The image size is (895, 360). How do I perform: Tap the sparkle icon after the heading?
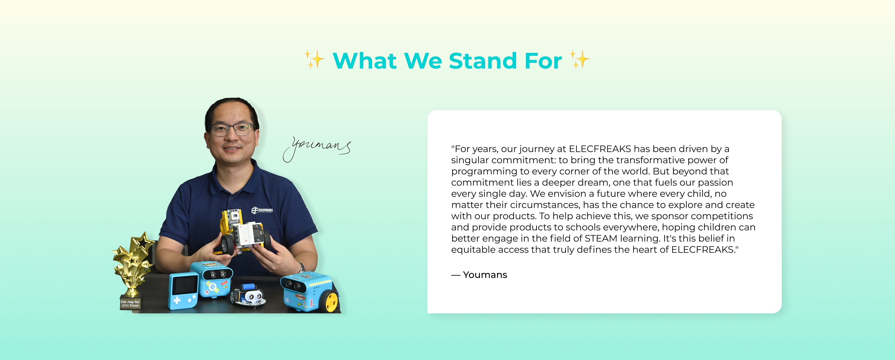click(x=579, y=59)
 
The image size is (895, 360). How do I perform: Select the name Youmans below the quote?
click(x=485, y=275)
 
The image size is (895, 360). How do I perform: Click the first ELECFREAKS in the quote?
click(x=600, y=149)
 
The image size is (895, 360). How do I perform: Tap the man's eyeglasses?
click(x=232, y=130)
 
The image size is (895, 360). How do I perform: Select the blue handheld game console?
click(x=183, y=291)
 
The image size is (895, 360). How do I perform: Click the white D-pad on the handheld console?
click(x=177, y=300)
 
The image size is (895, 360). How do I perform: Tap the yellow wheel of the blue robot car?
click(x=331, y=302)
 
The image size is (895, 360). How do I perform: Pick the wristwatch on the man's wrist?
click(x=301, y=267)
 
